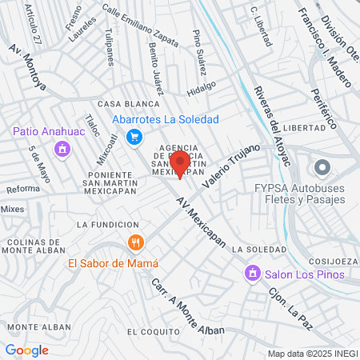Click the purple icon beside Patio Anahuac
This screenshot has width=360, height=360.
coord(62,148)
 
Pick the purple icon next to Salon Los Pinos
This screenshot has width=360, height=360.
coord(252,274)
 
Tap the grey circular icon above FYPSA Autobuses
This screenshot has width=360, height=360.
coord(322,168)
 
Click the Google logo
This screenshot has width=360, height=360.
coord(27,350)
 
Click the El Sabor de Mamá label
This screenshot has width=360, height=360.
coord(113,263)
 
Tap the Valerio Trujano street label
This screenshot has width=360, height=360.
coord(231,169)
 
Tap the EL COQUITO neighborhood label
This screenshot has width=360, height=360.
coord(150,331)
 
